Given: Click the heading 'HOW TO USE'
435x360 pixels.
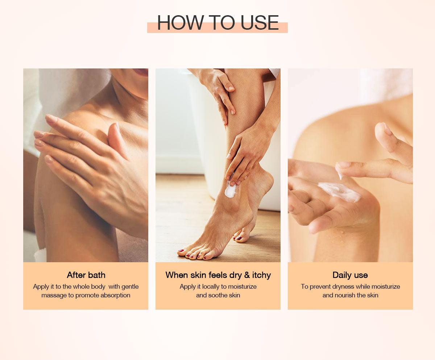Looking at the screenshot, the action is (x=218, y=22).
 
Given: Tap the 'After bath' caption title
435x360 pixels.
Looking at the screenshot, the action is (x=86, y=275).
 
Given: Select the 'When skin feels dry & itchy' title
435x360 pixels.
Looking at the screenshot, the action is (x=218, y=275).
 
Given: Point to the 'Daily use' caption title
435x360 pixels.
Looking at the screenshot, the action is (x=350, y=275).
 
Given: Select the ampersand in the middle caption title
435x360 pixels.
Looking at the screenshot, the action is (x=247, y=275).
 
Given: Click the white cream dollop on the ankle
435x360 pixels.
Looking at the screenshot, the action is (x=231, y=190).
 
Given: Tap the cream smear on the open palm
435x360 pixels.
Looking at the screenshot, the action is (x=340, y=192).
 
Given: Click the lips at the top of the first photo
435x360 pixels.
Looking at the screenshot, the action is (x=141, y=72).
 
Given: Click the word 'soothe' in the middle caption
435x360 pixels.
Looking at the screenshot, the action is (x=218, y=295).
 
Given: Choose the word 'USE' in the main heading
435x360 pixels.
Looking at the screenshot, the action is (x=260, y=22).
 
